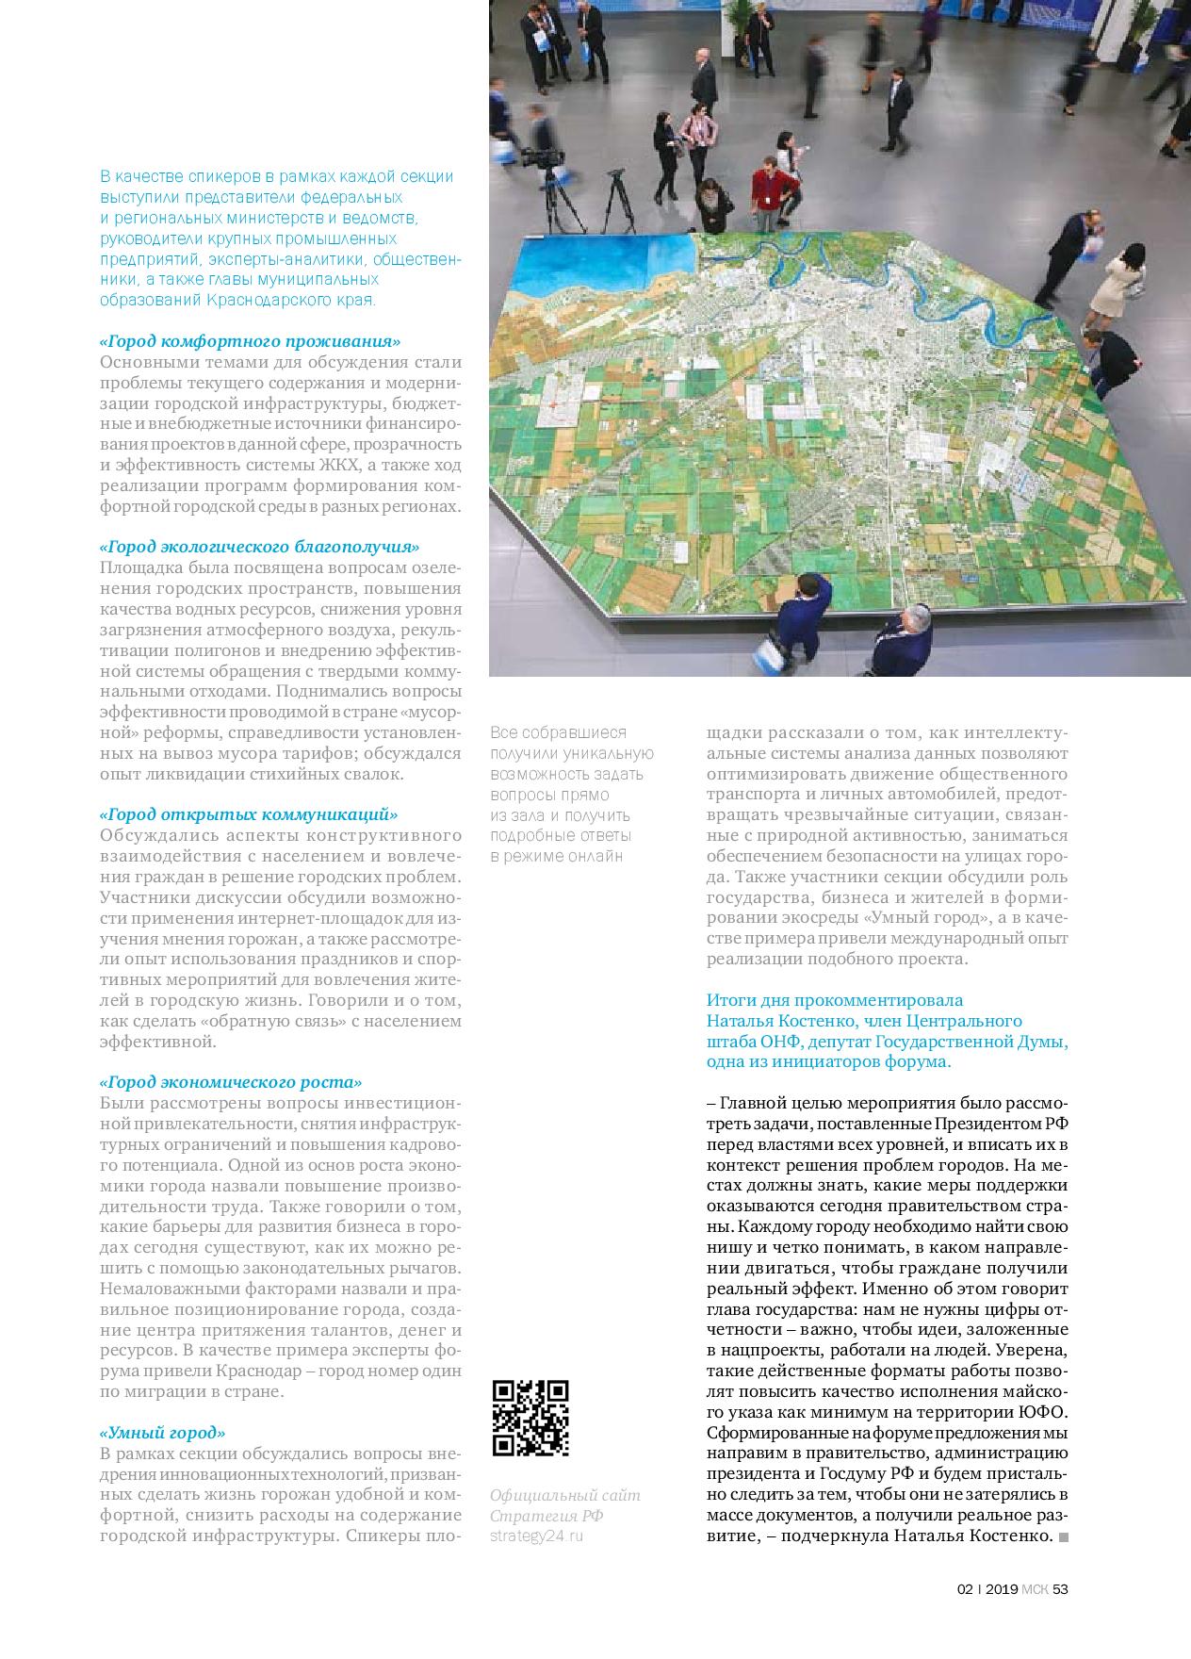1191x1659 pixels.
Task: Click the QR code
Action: click(x=530, y=1418)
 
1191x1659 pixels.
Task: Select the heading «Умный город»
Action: click(x=162, y=1431)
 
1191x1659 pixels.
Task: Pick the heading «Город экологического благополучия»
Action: click(x=259, y=546)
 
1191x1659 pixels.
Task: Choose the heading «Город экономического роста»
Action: click(x=231, y=1083)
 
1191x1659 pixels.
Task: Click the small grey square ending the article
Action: click(x=1064, y=1537)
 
